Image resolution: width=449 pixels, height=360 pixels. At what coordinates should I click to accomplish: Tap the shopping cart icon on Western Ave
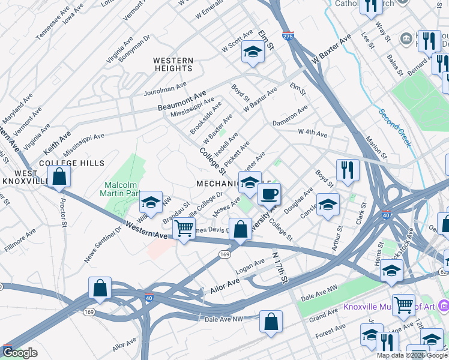point(184,229)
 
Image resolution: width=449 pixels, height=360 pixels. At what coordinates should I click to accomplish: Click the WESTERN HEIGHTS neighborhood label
point(173,65)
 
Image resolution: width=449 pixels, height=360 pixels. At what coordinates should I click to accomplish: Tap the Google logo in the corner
point(20,353)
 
